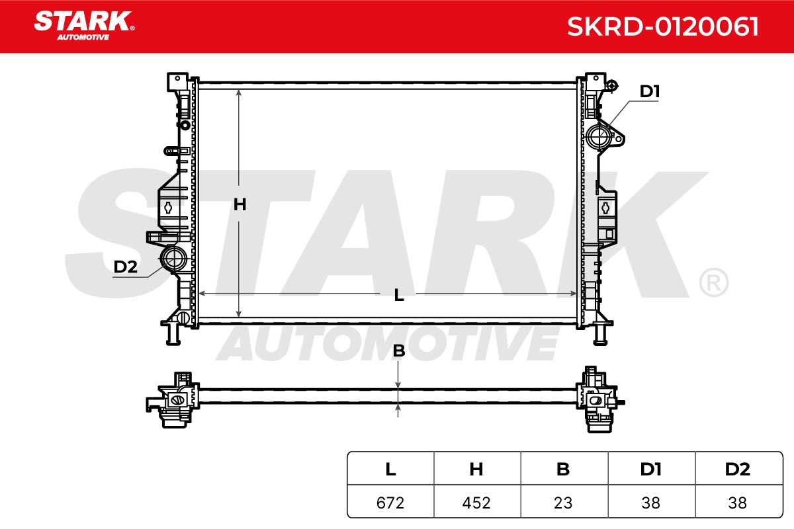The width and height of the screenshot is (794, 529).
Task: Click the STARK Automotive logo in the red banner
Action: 84,26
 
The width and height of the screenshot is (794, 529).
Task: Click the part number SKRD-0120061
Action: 662,26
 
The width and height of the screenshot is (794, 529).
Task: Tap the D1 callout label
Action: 649,91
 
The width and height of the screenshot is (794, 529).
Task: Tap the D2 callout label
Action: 125,266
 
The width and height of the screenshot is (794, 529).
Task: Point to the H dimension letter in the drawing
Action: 240,204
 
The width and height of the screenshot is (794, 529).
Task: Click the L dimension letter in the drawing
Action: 399,295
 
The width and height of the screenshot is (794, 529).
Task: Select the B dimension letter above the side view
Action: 399,350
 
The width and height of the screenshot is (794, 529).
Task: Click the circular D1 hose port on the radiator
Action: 599,136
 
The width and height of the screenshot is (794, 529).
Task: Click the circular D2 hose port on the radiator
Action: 173,259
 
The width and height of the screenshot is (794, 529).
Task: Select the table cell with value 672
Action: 390,503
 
